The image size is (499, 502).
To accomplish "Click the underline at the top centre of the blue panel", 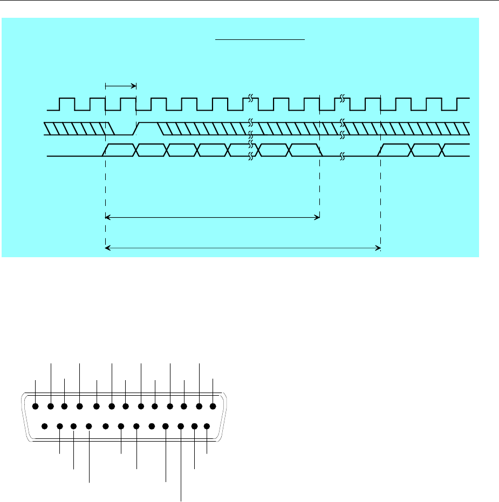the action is (x=261, y=39).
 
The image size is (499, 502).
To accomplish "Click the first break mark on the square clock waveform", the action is (x=251, y=99).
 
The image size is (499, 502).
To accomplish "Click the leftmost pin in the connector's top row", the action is (x=36, y=407).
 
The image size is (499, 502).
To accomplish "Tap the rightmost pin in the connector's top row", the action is (x=213, y=407).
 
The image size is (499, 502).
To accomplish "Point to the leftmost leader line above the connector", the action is (x=36, y=391).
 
